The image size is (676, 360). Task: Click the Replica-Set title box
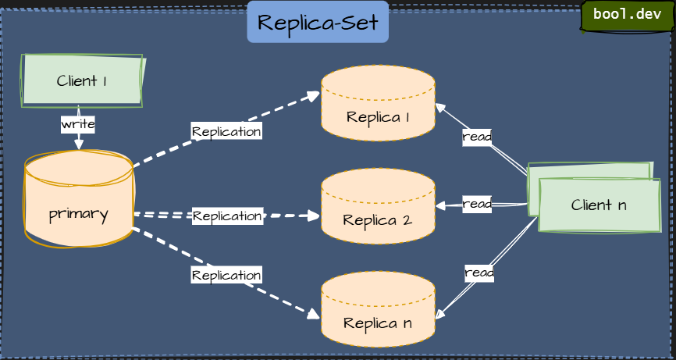tap(318, 23)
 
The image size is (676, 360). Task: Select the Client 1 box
tap(82, 80)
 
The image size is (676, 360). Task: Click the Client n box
tap(599, 205)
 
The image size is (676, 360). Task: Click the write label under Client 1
tap(78, 124)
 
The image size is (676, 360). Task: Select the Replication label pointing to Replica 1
tap(226, 131)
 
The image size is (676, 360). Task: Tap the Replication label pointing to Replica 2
tap(227, 216)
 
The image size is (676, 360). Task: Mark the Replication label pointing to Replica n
tap(226, 275)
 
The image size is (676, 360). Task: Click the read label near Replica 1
tap(477, 137)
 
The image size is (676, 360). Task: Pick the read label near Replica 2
tap(477, 204)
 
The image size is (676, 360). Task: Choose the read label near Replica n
tap(479, 273)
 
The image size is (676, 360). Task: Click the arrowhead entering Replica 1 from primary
tap(315, 95)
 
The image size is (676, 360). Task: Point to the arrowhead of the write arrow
tap(78, 144)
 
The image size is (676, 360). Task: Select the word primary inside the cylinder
tap(78, 214)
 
